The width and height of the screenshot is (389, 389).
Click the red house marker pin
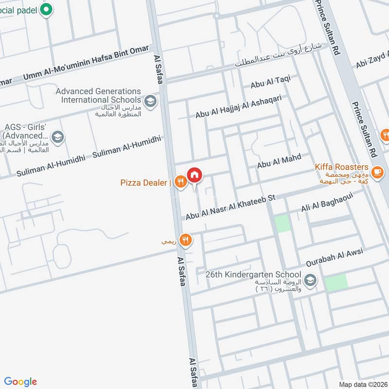194,175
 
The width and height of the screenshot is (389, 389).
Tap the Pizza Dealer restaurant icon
180,182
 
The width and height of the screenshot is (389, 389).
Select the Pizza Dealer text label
144,183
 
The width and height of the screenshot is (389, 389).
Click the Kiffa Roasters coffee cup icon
377,171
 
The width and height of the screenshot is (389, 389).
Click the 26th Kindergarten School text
253,275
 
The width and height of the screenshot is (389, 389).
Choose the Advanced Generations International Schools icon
151,101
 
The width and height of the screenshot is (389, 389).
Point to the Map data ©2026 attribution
363,384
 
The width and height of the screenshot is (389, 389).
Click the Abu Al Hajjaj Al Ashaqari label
238,107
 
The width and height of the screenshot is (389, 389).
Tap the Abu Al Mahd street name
279,161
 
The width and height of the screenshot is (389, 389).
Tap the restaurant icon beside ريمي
185,240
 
